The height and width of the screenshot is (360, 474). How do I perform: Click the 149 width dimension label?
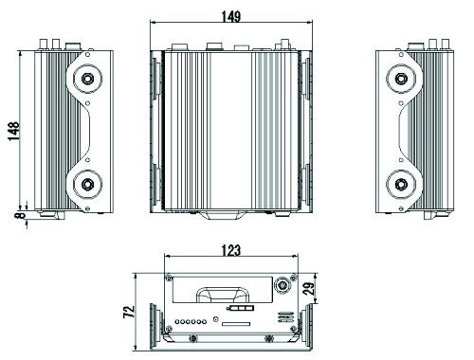[231, 16]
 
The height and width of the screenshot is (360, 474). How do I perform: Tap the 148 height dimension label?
[14, 131]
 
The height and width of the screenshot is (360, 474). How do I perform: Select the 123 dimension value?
[231, 250]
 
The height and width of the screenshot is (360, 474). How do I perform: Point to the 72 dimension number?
[130, 312]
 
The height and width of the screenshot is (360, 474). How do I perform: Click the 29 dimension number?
[309, 288]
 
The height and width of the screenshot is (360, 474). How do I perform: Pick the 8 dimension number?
[20, 215]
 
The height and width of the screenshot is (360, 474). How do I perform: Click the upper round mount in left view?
[87, 79]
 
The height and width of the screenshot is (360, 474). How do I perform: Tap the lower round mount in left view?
[87, 184]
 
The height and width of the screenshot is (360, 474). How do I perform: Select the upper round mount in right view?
[401, 79]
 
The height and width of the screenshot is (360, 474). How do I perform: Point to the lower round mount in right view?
[401, 184]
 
